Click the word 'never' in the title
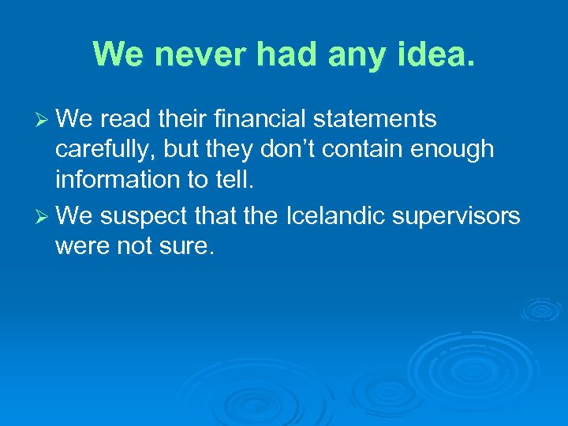tap(187, 54)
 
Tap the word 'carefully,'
tap(105, 150)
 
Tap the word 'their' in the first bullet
tap(177, 119)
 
